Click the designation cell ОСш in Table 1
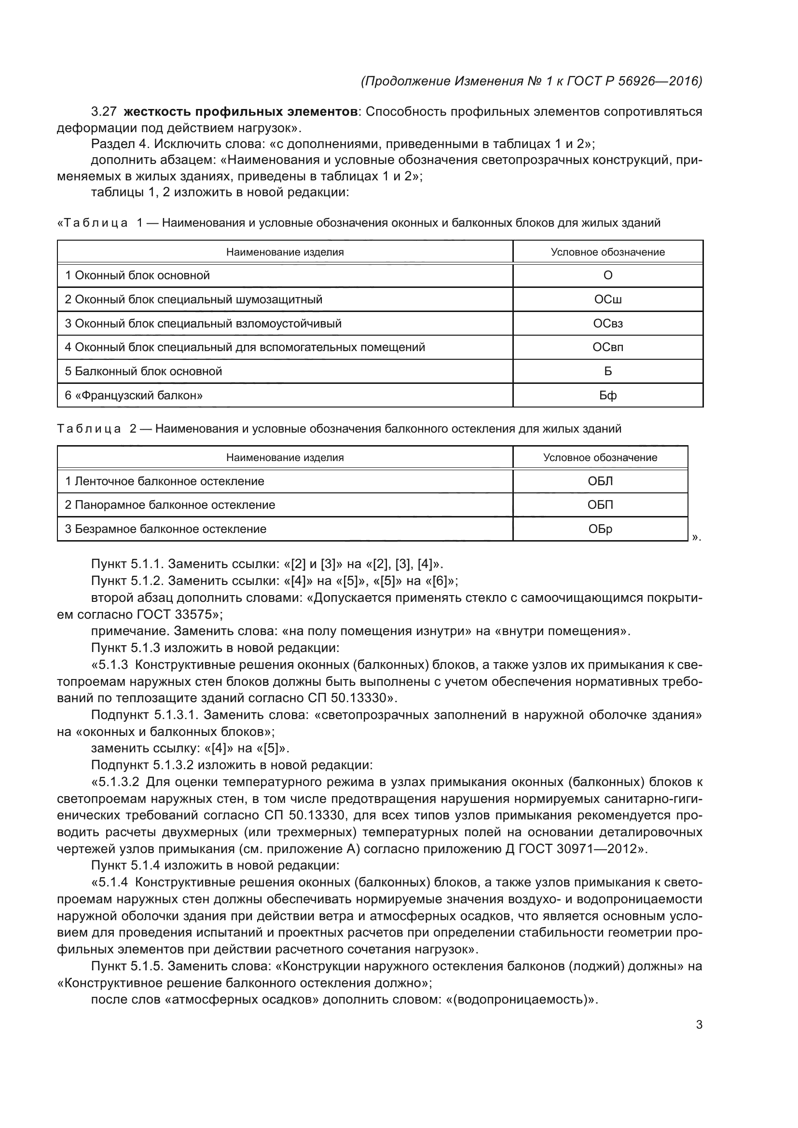(608, 299)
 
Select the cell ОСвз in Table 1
(608, 323)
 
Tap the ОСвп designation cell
(608, 347)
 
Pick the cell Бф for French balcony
(608, 395)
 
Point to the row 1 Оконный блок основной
(138, 275)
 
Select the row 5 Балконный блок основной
(143, 371)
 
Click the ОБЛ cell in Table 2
(600, 481)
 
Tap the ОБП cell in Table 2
(600, 505)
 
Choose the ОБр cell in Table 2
(600, 529)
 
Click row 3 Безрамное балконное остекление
(165, 529)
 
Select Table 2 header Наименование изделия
(285, 458)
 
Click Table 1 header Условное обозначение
(608, 252)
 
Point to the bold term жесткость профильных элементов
(240, 112)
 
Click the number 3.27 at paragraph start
(104, 112)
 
